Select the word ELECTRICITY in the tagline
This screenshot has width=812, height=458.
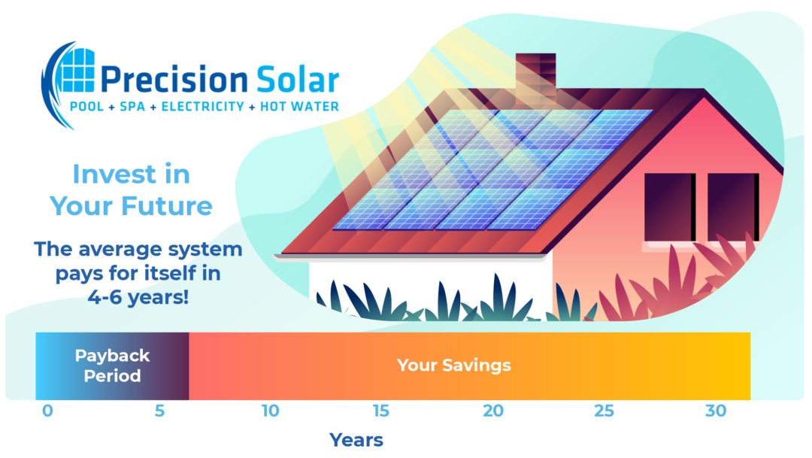pyautogui.click(x=201, y=107)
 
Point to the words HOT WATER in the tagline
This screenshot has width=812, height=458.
pyautogui.click(x=299, y=107)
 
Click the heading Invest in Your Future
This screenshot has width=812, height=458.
pyautogui.click(x=131, y=190)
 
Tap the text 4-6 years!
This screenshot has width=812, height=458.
pyautogui.click(x=138, y=297)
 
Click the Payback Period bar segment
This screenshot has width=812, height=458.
pyautogui.click(x=112, y=365)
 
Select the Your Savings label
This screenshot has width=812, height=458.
pyautogui.click(x=453, y=365)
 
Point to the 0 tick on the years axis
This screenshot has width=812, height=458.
pyautogui.click(x=48, y=411)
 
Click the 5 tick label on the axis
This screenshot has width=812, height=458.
pyautogui.click(x=159, y=411)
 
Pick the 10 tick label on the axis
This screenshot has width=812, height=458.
pyautogui.click(x=270, y=411)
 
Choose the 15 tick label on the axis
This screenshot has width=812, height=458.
pyautogui.click(x=381, y=411)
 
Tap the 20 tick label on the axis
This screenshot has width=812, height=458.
pyautogui.click(x=492, y=411)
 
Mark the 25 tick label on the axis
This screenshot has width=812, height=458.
pyautogui.click(x=604, y=411)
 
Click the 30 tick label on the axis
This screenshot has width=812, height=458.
pyautogui.click(x=715, y=411)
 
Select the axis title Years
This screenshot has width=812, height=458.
pyautogui.click(x=356, y=440)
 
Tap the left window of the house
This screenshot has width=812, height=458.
pyautogui.click(x=669, y=207)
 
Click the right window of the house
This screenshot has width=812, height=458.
pyautogui.click(x=733, y=207)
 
